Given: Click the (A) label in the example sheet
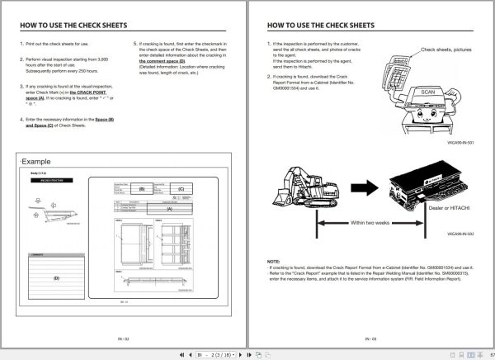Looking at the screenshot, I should pos(170,210).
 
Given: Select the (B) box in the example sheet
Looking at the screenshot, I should pos(141,189).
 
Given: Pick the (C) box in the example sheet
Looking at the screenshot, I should pos(181,189).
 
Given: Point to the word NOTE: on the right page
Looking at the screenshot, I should pos(274,260).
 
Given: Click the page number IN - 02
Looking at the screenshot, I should pos(123,339).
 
